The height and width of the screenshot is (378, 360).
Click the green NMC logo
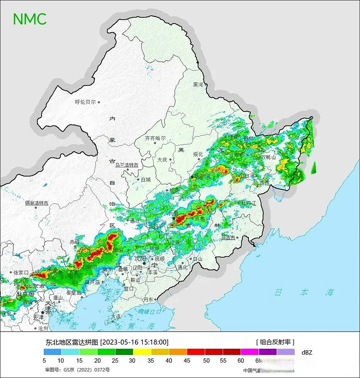click(30, 19)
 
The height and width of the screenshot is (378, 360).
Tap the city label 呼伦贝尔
click(85, 102)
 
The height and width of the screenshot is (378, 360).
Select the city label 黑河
click(198, 85)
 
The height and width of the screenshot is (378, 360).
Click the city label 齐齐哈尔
click(155, 138)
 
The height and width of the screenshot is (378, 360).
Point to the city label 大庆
click(162, 159)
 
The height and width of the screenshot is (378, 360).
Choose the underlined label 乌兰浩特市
click(127, 165)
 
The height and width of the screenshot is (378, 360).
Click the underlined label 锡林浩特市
click(37, 203)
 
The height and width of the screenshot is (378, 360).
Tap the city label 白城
click(146, 180)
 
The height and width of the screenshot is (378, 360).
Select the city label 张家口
click(20, 273)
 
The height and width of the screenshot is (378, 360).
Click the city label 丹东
click(149, 299)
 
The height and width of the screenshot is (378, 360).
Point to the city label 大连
click(116, 316)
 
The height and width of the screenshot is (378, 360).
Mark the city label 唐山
click(58, 298)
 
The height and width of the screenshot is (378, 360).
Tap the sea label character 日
click(278, 292)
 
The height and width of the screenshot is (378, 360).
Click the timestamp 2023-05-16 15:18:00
click(134, 342)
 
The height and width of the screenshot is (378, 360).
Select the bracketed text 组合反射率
click(275, 342)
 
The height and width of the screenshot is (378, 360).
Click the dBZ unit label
click(307, 352)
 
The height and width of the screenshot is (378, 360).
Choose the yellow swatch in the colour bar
click(142, 352)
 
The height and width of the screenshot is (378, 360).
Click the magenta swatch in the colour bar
click(250, 352)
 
